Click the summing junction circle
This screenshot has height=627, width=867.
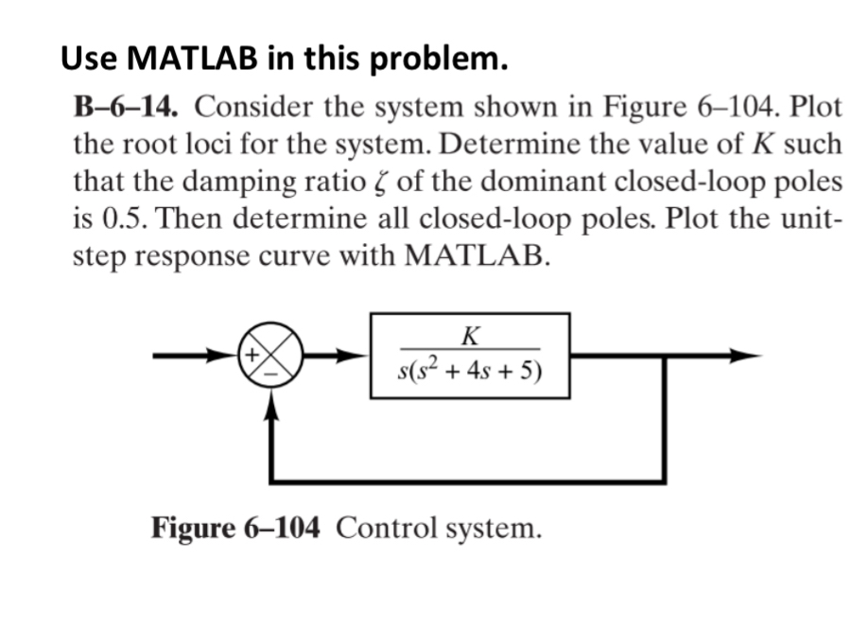point(272,357)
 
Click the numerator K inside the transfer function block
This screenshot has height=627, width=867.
point(469,334)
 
